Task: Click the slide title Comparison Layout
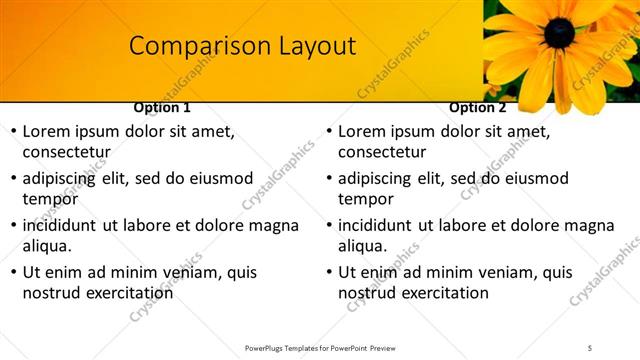243,46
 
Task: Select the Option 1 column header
161,107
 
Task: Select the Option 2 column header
477,107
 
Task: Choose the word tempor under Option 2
366,199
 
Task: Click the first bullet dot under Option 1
12,132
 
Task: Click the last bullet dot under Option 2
328,272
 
